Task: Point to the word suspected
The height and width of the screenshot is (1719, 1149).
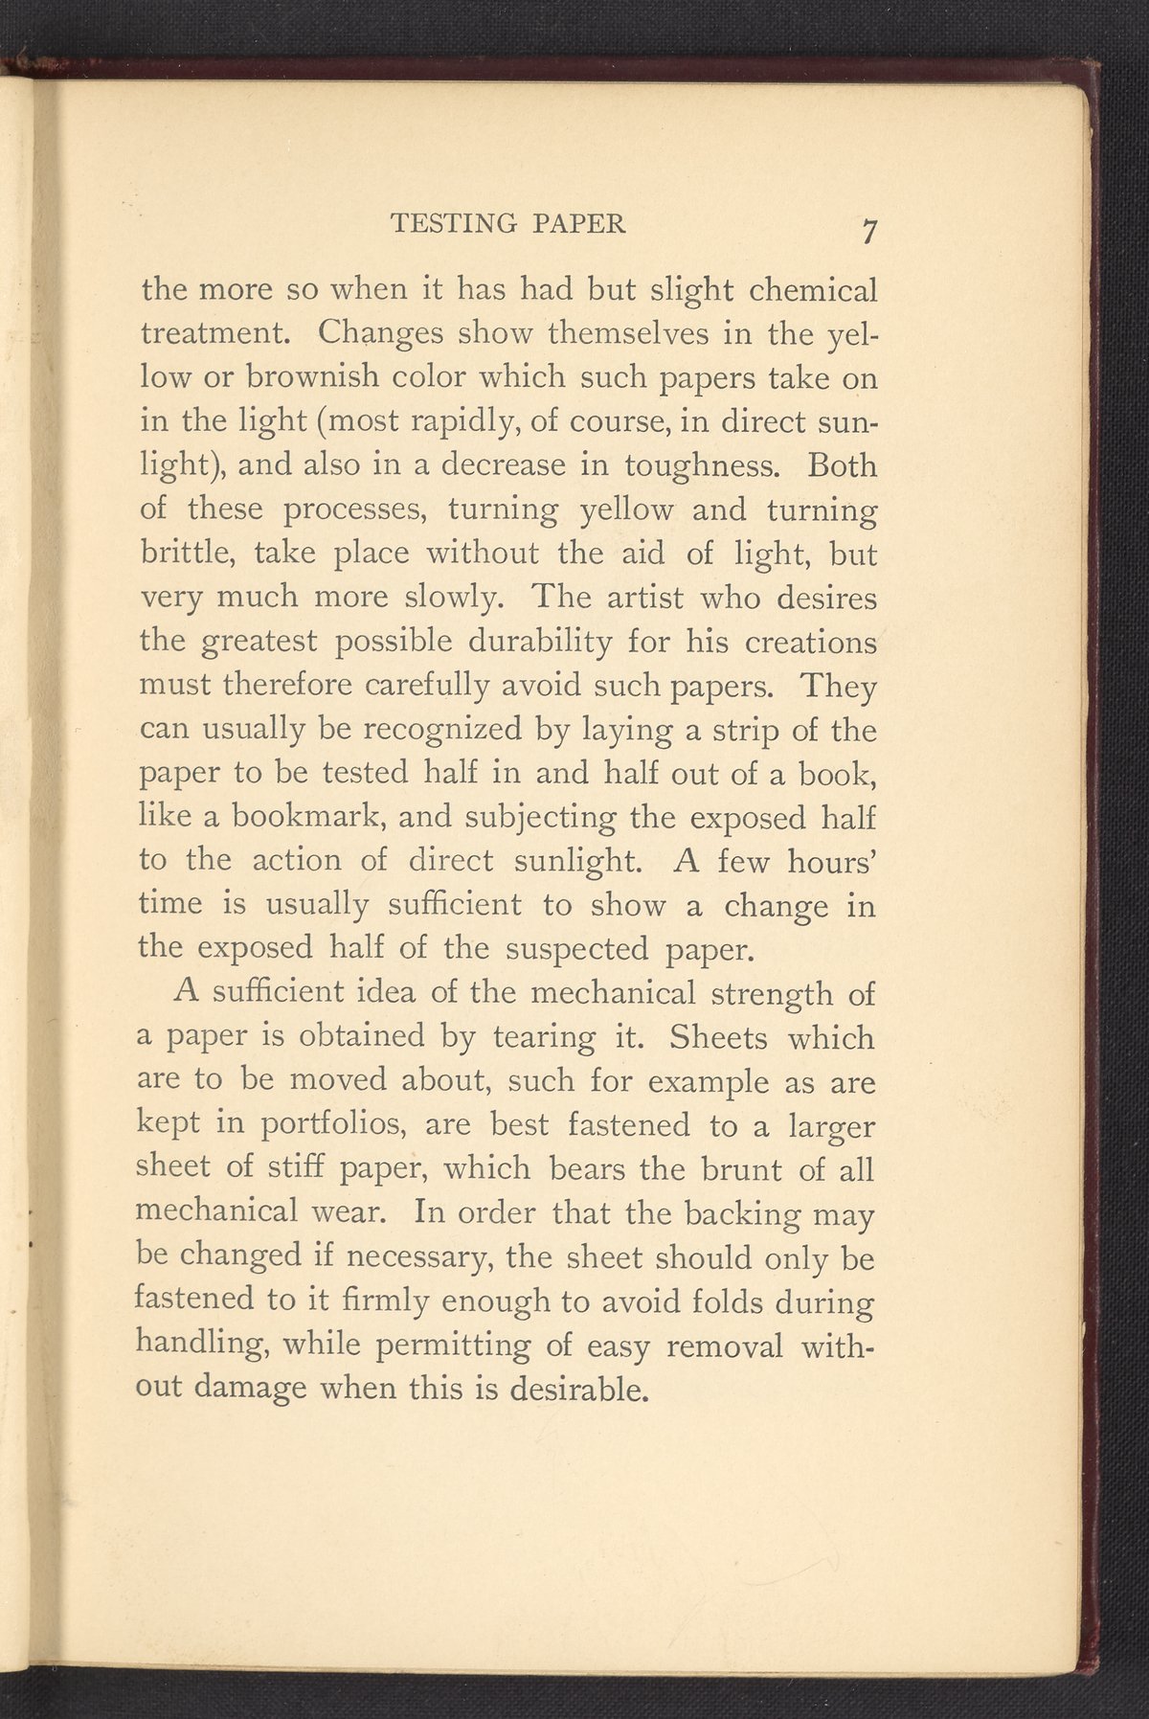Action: pos(584,949)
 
